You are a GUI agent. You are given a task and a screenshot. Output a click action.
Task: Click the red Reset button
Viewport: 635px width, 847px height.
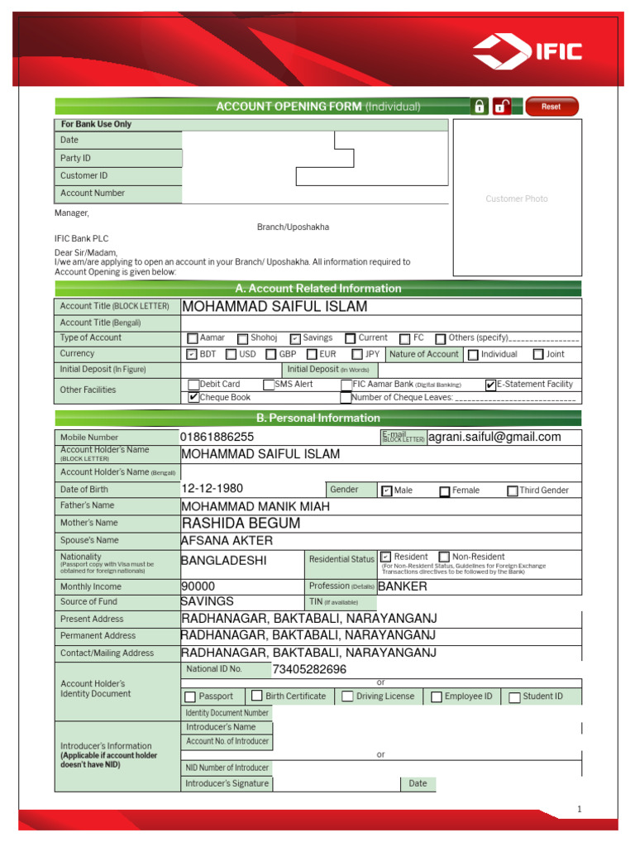551,107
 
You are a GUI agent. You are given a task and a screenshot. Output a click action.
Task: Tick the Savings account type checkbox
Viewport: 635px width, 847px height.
295,338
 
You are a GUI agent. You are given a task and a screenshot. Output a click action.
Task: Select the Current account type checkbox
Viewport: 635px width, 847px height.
351,338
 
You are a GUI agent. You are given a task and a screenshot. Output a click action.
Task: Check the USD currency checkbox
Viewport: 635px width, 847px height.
232,355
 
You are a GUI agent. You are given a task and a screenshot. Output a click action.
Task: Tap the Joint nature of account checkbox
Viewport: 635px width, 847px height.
538,355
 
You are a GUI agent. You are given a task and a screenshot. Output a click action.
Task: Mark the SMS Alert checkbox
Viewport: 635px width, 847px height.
269,385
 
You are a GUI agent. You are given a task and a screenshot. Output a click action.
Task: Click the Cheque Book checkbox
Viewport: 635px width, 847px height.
193,398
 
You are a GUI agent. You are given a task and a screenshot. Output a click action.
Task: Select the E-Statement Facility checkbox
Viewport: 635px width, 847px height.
490,385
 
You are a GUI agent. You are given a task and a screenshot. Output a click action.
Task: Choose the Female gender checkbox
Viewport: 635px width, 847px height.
445,491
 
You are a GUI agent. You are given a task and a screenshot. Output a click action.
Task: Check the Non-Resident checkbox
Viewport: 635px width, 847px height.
444,557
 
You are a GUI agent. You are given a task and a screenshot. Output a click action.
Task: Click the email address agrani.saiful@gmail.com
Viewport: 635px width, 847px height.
494,437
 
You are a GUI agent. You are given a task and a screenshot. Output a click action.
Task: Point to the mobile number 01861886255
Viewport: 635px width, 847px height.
217,437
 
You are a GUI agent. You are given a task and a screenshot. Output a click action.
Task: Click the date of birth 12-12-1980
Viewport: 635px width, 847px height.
212,489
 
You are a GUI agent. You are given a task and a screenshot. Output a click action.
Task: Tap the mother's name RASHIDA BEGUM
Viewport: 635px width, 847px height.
241,524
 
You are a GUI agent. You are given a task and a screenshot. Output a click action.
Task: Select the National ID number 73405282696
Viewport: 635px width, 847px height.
309,669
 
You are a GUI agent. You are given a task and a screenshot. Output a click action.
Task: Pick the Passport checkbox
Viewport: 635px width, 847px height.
190,697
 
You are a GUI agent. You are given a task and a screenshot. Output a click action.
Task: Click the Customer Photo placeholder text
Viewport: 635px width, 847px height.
517,199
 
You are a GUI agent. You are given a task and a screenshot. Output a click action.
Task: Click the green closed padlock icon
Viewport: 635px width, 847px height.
479,107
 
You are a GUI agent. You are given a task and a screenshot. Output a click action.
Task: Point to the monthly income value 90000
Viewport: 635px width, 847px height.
198,586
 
